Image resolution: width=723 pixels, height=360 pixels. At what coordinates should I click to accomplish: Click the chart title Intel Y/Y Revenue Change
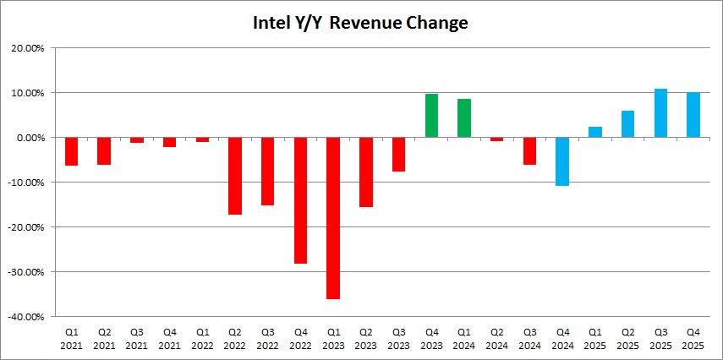click(x=360, y=23)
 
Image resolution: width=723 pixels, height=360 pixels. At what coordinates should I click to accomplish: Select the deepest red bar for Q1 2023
click(x=333, y=217)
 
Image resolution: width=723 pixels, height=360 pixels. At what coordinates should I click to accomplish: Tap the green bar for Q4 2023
click(x=431, y=116)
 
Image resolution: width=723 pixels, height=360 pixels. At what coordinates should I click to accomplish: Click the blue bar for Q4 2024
click(x=562, y=161)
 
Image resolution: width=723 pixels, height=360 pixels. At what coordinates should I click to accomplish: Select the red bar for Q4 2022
click(x=300, y=200)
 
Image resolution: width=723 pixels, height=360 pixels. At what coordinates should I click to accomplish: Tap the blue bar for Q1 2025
click(x=595, y=132)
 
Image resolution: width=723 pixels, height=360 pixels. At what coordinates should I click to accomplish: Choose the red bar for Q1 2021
click(x=71, y=151)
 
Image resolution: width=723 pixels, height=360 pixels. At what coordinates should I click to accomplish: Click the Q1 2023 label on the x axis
click(x=333, y=339)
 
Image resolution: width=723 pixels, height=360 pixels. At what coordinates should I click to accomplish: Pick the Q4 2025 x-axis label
click(x=693, y=339)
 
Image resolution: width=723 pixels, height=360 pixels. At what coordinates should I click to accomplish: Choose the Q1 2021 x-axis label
click(x=71, y=339)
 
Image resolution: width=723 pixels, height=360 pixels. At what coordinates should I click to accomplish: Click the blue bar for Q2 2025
click(x=627, y=124)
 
